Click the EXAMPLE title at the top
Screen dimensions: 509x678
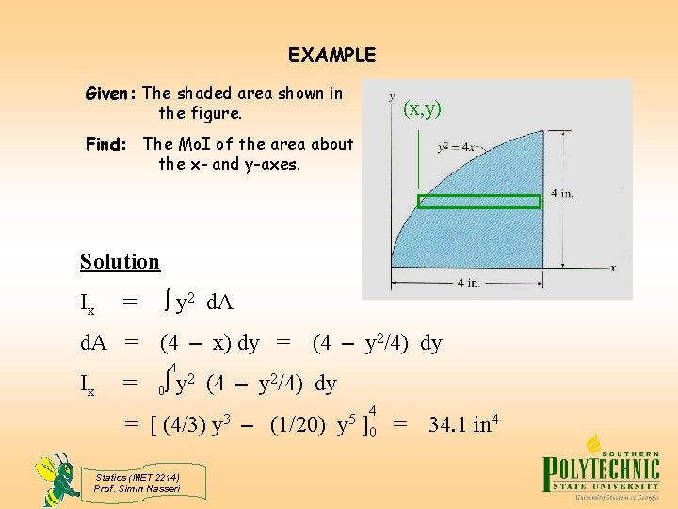pos(331,56)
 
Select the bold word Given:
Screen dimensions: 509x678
pos(111,93)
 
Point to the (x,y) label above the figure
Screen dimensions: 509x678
pos(421,108)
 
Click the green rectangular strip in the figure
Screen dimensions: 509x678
pos(479,202)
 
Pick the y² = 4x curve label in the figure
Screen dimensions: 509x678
pos(460,147)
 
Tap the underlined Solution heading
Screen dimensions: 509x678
pos(120,261)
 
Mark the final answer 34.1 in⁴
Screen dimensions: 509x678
pos(462,424)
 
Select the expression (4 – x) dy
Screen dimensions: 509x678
pos(209,343)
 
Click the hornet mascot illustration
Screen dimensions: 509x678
pos(59,477)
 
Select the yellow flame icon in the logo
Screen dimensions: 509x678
pos(594,444)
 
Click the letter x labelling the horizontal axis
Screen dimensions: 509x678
pos(613,267)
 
